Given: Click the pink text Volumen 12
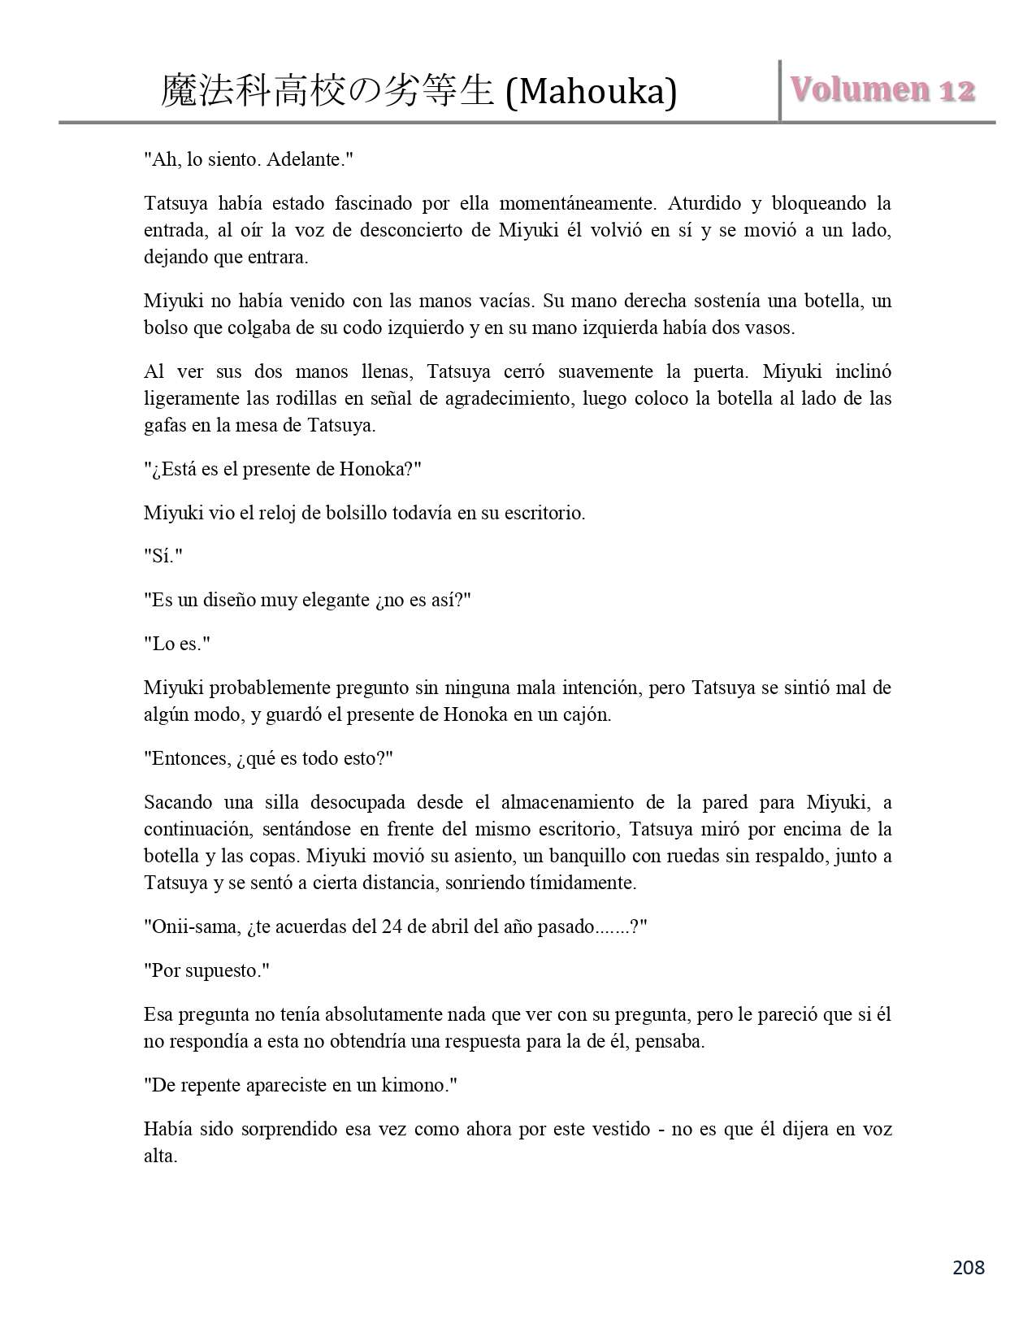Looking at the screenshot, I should [883, 89].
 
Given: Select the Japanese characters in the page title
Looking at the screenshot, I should [327, 91].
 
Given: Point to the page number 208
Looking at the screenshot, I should [967, 1267].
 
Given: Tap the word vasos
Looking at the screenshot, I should [770, 328].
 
